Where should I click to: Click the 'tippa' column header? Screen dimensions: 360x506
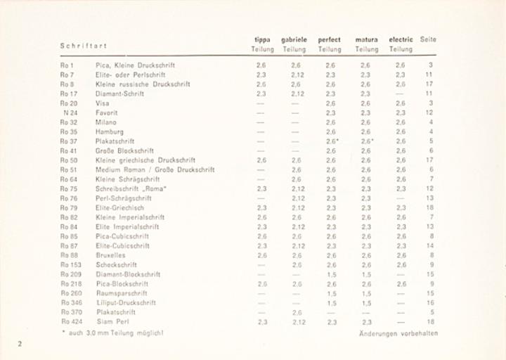[262, 40]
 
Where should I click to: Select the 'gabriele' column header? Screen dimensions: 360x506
[294, 40]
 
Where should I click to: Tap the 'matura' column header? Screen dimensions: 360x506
[366, 40]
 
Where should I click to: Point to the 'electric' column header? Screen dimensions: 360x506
[401, 40]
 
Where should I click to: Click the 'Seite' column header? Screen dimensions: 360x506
[428, 39]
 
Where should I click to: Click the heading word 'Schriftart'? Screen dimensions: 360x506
[83, 46]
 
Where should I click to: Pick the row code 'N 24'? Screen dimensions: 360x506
[70, 112]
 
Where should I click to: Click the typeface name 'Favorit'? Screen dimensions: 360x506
[107, 112]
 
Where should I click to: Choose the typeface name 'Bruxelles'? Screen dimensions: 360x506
[110, 255]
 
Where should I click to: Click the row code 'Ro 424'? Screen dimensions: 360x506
[70, 321]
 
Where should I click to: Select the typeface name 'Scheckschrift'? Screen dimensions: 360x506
[116, 264]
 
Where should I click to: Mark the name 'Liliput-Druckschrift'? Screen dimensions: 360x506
[126, 302]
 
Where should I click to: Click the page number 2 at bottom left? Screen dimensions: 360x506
[20, 343]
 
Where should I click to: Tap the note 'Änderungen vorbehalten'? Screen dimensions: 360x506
[398, 333]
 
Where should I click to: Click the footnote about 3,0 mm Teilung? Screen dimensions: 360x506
[112, 332]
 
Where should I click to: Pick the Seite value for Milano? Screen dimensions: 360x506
[430, 122]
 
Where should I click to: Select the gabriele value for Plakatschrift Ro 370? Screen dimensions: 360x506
[297, 312]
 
